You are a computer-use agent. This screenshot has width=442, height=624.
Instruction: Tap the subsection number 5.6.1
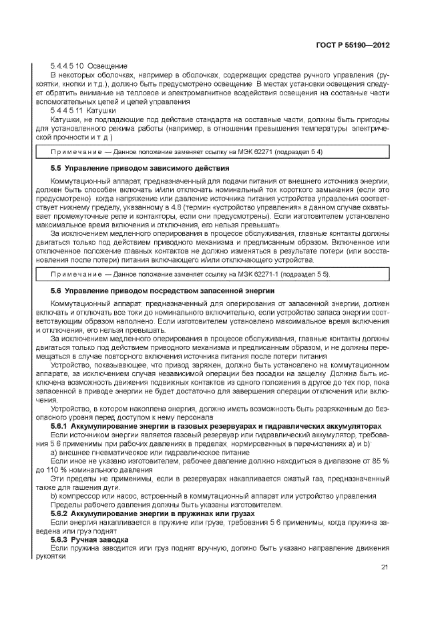point(61,425)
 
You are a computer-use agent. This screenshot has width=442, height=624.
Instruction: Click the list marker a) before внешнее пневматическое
point(54,451)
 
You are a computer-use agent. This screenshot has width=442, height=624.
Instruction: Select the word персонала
point(193,417)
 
